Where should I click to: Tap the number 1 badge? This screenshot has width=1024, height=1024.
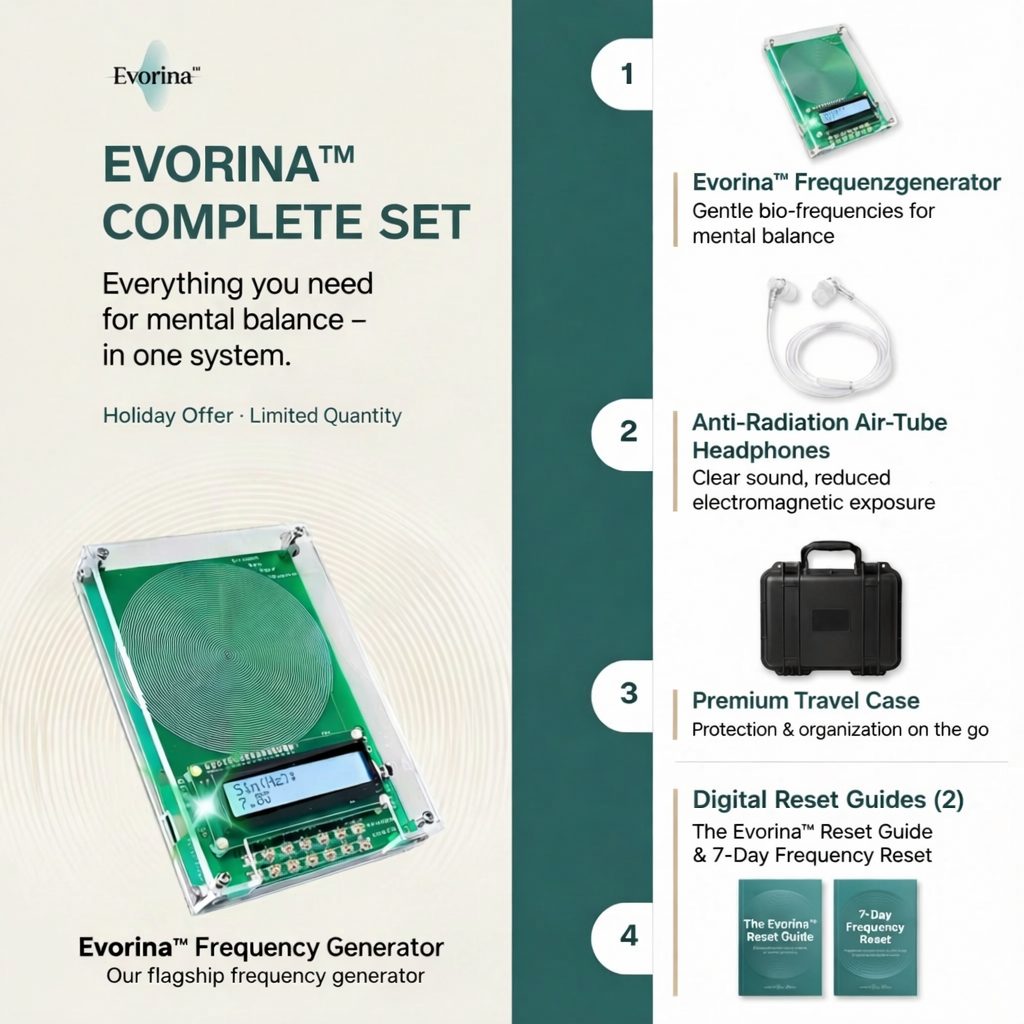coord(628,75)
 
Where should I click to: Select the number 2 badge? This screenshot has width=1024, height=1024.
coord(628,431)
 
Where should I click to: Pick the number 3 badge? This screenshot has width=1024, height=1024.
coord(628,692)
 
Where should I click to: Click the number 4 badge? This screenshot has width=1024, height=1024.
coord(628,935)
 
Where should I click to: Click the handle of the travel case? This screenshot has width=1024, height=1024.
coord(831,553)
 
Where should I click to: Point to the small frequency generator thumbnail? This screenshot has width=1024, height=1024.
coord(829,90)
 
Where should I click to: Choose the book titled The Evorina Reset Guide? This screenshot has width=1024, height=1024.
coord(780,936)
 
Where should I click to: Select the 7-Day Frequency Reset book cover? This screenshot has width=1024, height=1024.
coord(875,936)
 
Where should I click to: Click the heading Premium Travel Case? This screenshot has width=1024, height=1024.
coord(806,700)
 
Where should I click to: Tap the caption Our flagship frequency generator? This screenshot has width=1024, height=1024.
coord(265,976)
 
